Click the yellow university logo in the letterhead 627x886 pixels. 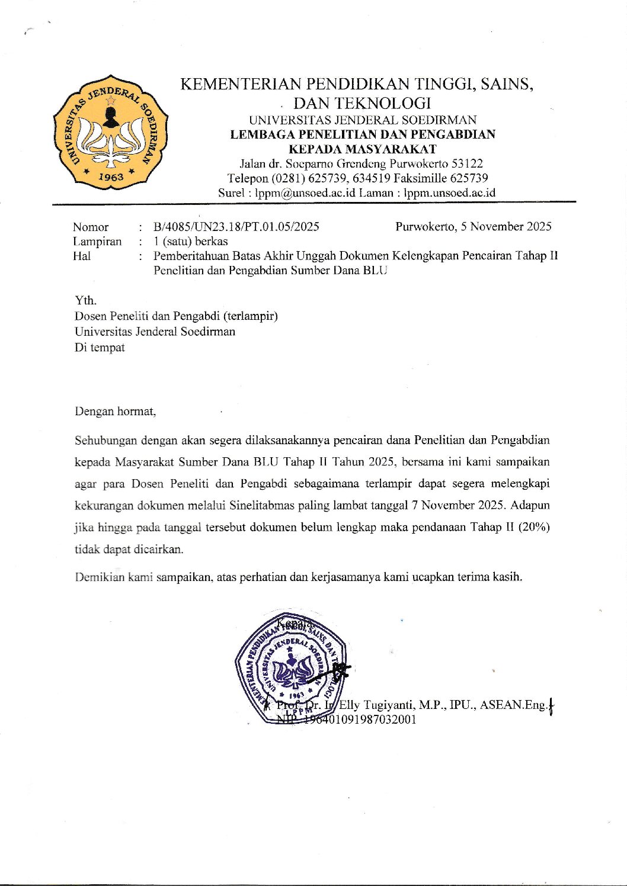(x=110, y=132)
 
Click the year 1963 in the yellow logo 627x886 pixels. (x=111, y=176)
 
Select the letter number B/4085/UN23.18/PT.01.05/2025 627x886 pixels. (x=236, y=226)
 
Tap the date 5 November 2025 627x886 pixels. (x=506, y=226)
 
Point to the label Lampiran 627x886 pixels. (x=97, y=241)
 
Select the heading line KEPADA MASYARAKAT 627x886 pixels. (x=362, y=149)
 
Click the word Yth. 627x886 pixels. (x=85, y=300)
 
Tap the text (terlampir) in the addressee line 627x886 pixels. (x=249, y=316)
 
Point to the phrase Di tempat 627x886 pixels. (x=100, y=347)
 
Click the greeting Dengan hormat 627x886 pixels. (x=115, y=411)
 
